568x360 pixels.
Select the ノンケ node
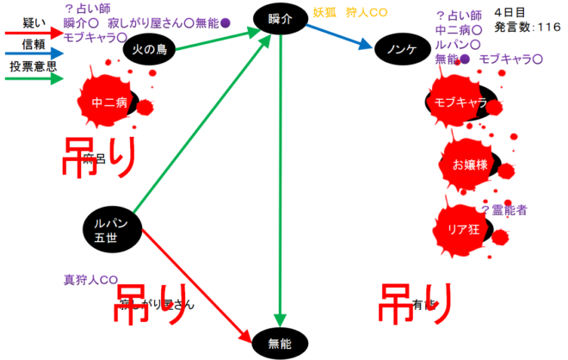coord(400,49)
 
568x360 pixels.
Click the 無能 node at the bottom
coord(281,344)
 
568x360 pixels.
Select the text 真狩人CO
coord(90,280)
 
